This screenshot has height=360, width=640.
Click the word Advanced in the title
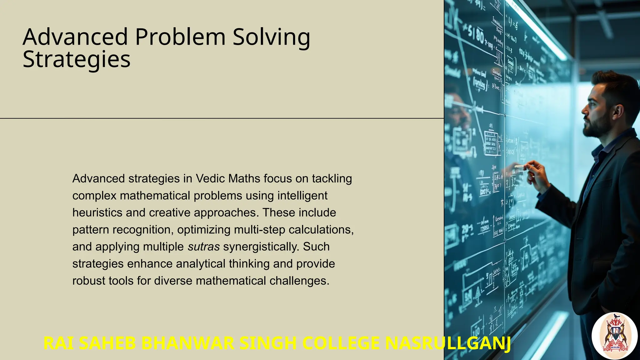coord(75,37)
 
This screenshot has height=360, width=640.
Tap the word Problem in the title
coord(180,37)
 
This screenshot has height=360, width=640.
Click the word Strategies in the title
coord(77,59)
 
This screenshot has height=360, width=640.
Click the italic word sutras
coord(203,247)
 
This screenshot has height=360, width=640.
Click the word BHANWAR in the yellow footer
coord(188,343)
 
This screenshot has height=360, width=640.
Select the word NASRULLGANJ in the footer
coord(448,343)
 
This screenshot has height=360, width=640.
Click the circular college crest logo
coord(614,336)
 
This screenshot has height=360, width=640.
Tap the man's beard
coord(598,127)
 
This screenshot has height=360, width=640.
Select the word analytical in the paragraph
coord(200,264)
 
